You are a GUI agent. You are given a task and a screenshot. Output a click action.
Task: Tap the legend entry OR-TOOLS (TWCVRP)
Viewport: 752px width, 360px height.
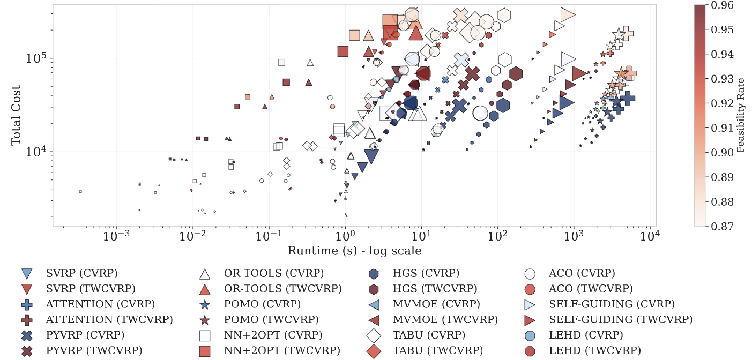(x=282, y=289)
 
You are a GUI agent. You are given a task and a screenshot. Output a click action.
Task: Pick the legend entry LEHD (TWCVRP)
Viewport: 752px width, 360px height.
(x=594, y=351)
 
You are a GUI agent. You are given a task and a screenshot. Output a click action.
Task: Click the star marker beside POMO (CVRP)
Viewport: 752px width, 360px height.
(x=204, y=305)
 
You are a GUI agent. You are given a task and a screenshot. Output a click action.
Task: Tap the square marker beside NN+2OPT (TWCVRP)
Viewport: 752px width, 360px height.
(x=204, y=351)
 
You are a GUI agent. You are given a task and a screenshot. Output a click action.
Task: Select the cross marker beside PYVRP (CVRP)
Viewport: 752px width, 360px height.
(x=26, y=336)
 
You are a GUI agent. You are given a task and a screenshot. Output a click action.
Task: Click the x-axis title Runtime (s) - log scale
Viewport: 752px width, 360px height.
(x=354, y=251)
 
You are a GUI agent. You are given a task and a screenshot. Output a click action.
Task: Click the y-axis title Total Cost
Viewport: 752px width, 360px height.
(x=16, y=115)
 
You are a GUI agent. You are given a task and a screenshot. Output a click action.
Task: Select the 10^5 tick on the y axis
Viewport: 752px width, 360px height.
(x=37, y=58)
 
